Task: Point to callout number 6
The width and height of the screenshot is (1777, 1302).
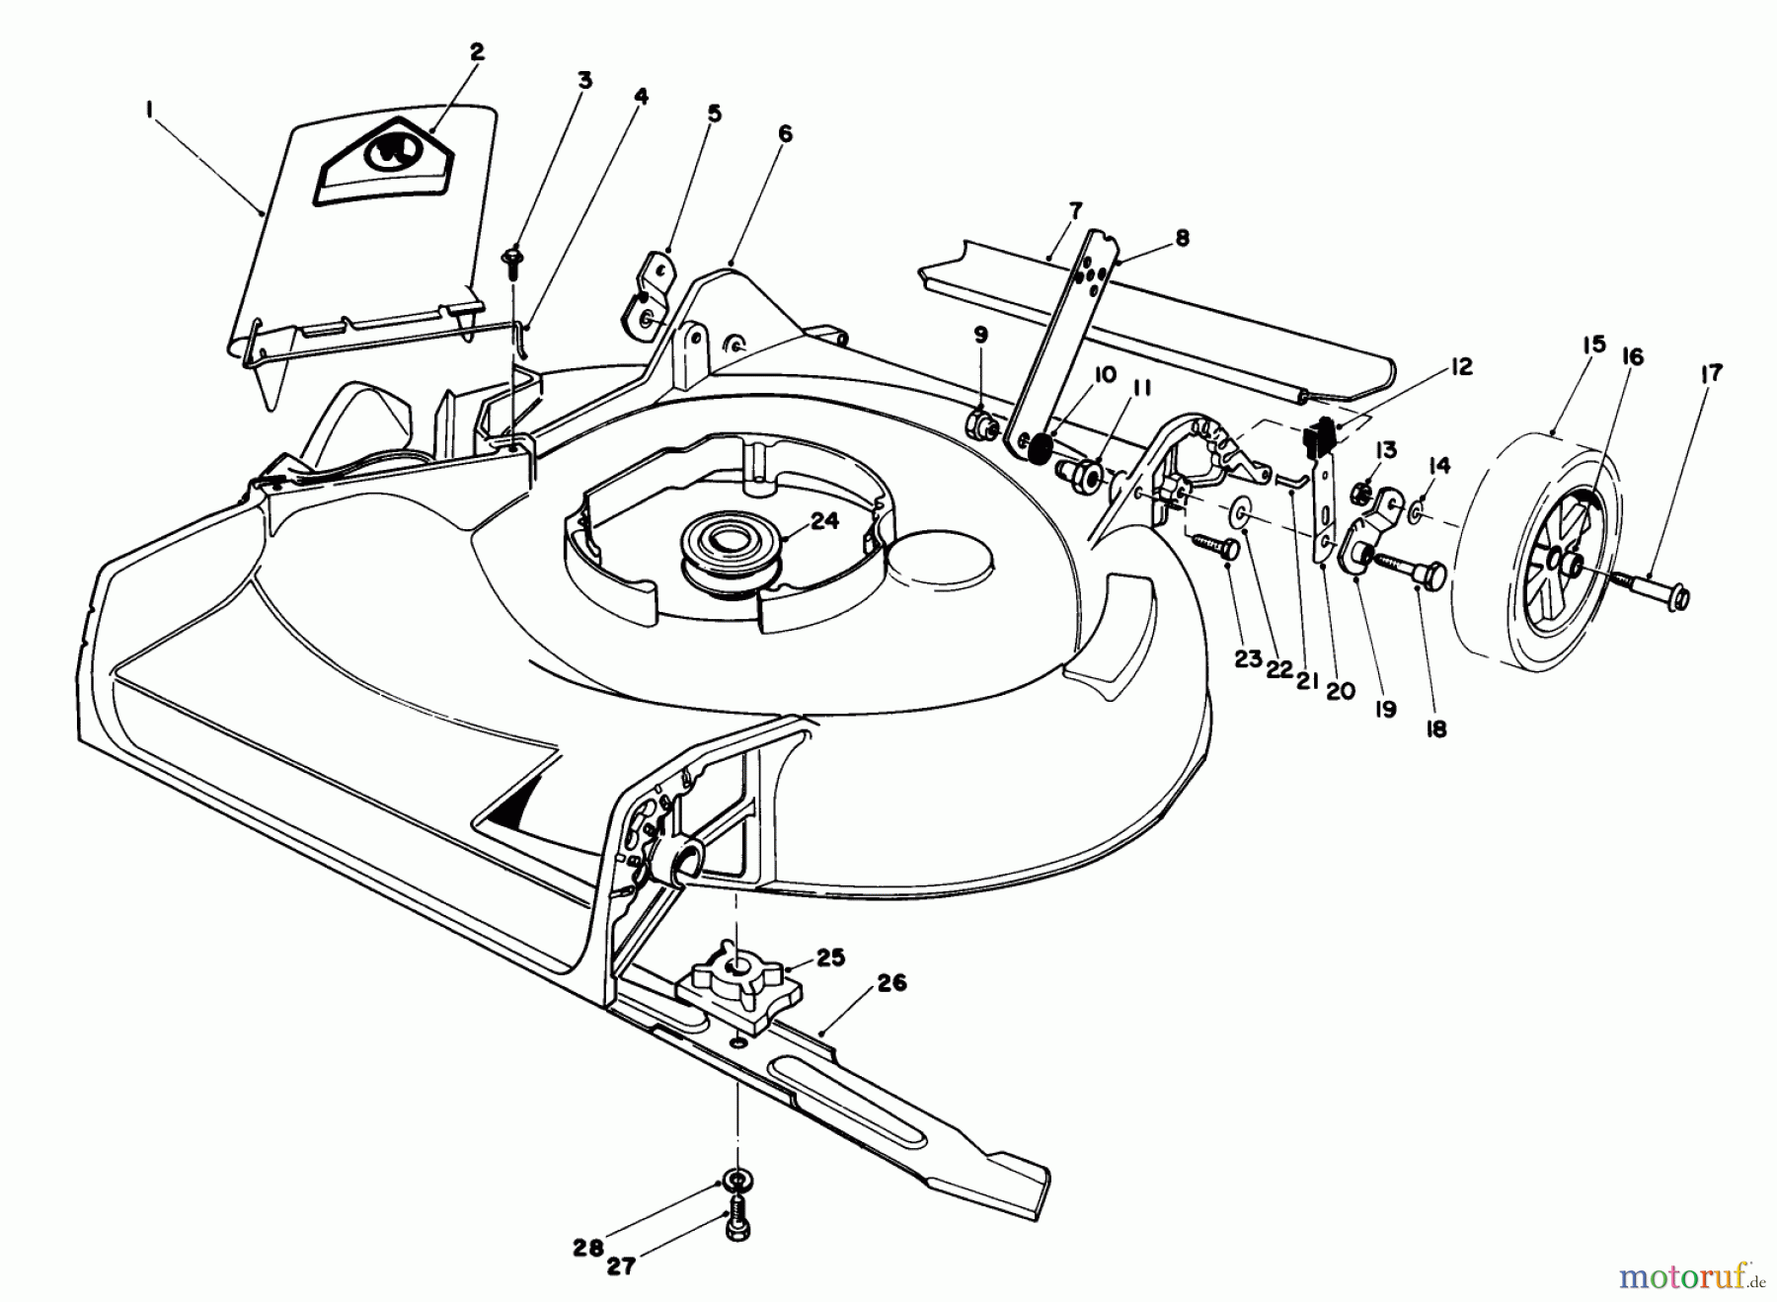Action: [785, 134]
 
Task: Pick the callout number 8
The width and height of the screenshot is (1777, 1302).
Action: [1183, 238]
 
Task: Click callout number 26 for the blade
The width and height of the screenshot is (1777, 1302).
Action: [890, 984]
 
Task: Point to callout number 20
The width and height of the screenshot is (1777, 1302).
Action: [1340, 691]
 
